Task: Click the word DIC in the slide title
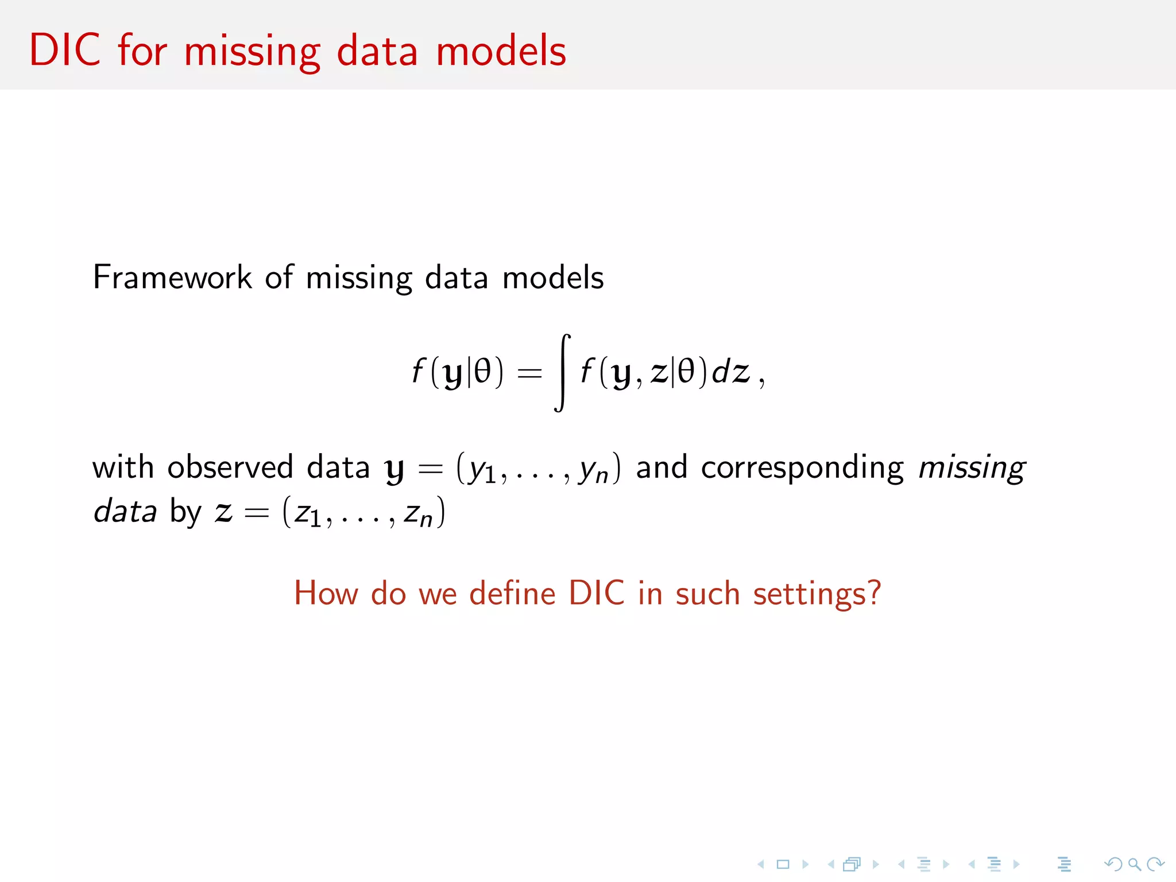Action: [x=65, y=51]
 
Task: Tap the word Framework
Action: [x=172, y=277]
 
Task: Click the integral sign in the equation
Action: [x=562, y=373]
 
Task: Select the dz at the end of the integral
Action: [x=730, y=372]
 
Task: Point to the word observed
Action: [x=230, y=467]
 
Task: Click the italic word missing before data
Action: [x=972, y=468]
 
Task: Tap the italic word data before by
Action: [x=125, y=511]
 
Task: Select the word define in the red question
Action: [x=512, y=593]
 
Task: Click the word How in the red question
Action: [x=326, y=593]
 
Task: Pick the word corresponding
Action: [x=802, y=468]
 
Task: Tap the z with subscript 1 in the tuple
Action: [x=307, y=514]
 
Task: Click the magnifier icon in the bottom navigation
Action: [x=1134, y=864]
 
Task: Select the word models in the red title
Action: [x=501, y=51]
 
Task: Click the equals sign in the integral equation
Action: [x=529, y=373]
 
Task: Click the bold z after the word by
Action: [x=223, y=512]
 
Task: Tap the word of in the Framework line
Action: [x=279, y=277]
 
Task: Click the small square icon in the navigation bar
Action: [x=783, y=864]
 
